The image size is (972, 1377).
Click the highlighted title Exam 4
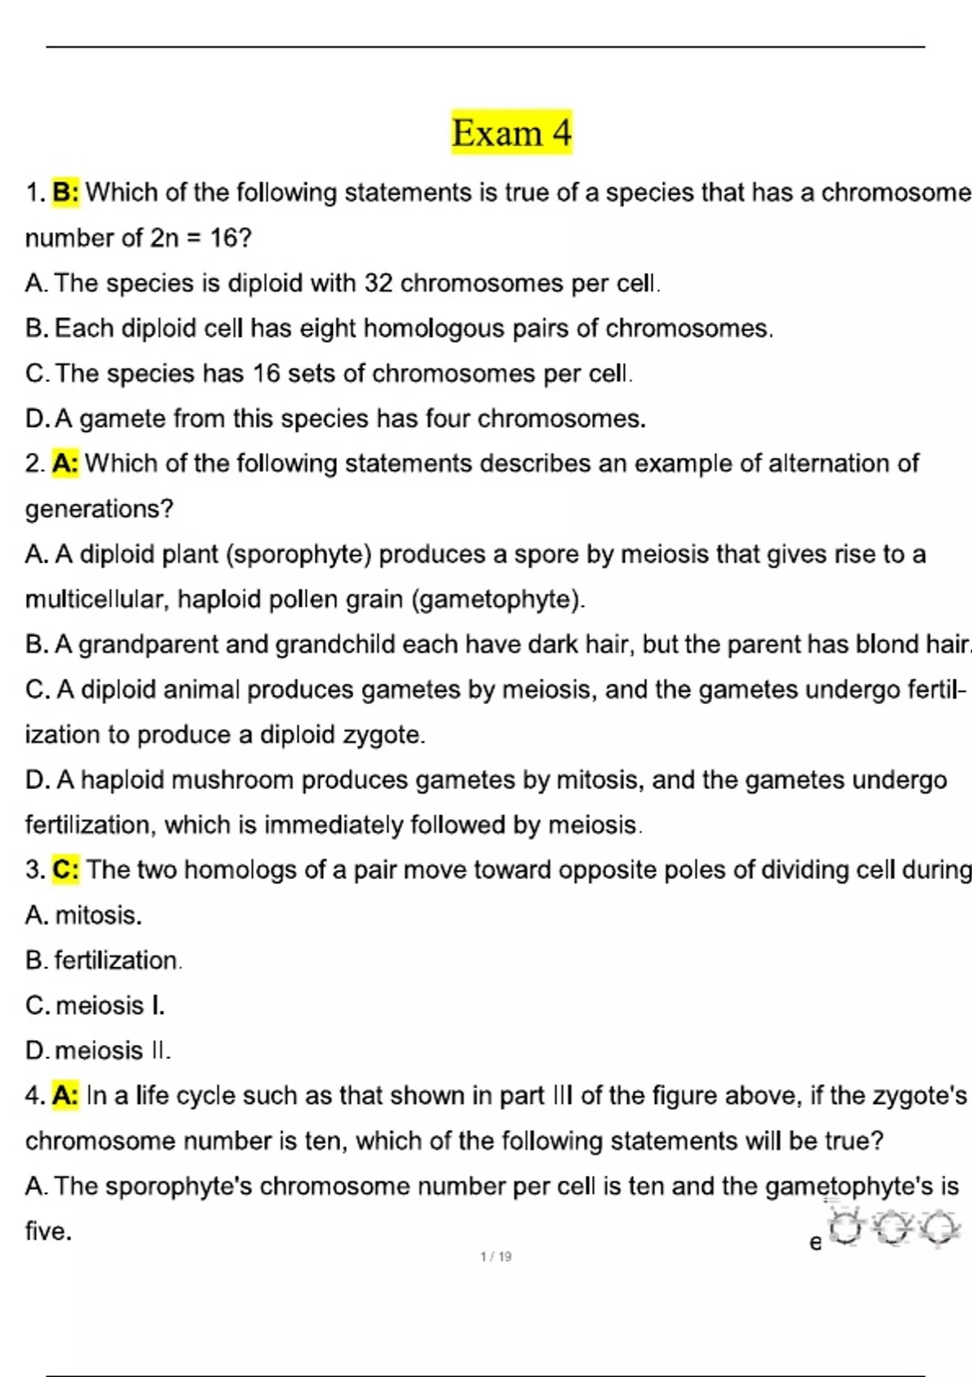[x=511, y=133]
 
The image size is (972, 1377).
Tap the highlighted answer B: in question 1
[x=66, y=193]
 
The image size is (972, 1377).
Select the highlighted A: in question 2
[x=66, y=463]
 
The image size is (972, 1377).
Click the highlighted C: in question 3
[x=66, y=870]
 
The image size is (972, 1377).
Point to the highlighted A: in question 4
[x=66, y=1096]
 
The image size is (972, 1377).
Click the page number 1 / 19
[x=496, y=1257]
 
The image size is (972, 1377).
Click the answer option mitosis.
[x=98, y=915]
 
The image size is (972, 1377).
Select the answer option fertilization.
[x=118, y=961]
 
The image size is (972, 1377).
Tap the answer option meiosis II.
[x=113, y=1051]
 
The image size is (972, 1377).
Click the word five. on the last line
[x=49, y=1231]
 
